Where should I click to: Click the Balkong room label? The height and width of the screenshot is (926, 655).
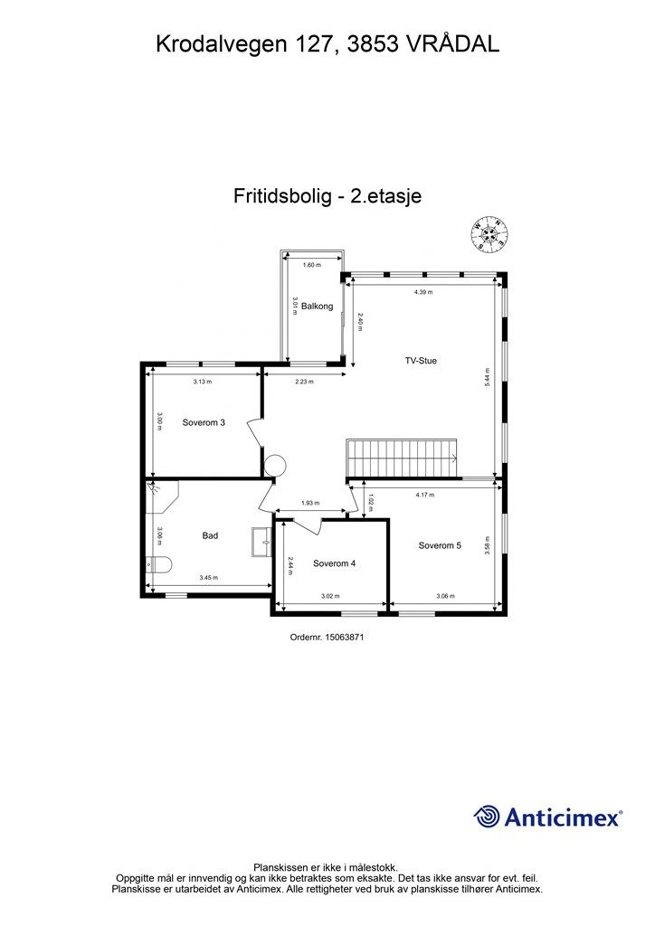pos(318,306)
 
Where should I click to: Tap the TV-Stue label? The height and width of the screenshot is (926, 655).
pos(421,361)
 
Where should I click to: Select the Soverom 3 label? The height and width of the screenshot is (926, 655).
pos(204,422)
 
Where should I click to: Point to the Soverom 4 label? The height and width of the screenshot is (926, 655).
pos(335,563)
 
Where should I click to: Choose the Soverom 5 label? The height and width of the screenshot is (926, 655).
pos(440,545)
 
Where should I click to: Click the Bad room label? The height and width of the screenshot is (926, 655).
pos(210,535)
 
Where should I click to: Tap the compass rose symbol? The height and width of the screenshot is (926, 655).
pos(489,234)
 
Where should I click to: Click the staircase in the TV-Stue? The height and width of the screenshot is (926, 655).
pos(403,458)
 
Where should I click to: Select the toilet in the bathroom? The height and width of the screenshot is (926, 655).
pos(158,566)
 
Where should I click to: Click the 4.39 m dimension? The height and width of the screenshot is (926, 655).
pos(423,292)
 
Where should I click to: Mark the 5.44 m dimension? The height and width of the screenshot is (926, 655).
pos(488,377)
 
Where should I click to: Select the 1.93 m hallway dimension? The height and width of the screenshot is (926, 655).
pos(310,503)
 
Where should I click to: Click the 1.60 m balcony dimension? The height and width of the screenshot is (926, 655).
pos(311,265)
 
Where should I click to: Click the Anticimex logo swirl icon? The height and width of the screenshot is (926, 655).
pos(487,817)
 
